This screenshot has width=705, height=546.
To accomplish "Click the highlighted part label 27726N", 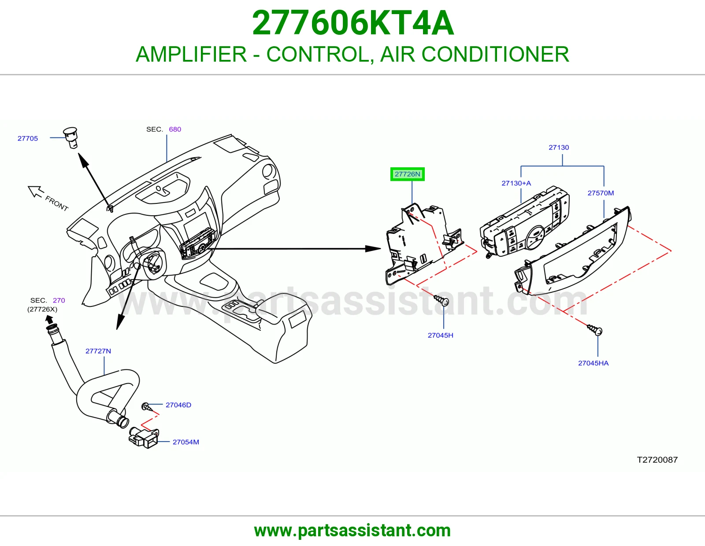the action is [407, 174].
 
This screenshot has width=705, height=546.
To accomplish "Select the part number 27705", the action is [28, 138].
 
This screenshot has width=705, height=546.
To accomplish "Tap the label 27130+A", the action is [516, 183].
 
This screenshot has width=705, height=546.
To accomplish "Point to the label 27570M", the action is [601, 193].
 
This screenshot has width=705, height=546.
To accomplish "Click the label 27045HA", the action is [593, 363].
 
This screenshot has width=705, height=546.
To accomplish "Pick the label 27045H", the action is [440, 335].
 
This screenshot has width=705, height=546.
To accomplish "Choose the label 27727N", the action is [98, 351].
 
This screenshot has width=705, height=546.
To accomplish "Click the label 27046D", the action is [178, 405].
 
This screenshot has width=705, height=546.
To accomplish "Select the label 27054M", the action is [186, 442].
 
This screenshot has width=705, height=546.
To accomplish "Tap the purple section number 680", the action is [175, 129].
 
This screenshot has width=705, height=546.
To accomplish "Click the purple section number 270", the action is [59, 300].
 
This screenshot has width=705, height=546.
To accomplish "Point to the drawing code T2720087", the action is [657, 460].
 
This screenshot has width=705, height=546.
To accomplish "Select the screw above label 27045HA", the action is [595, 330].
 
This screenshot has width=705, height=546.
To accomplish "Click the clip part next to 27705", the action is [71, 137].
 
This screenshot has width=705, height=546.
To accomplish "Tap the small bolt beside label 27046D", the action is [147, 406].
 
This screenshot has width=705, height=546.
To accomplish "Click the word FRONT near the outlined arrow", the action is [57, 203].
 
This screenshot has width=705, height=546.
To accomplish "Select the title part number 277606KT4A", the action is [352, 23].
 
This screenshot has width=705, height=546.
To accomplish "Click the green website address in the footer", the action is [352, 531].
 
